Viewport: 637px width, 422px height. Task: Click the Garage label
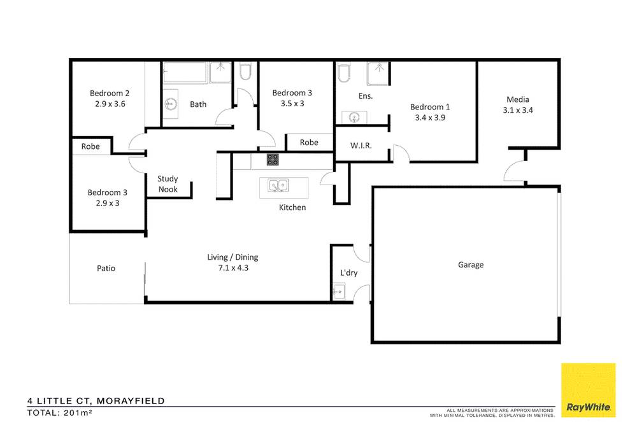(x=470, y=265)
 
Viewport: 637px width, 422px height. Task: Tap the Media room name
(x=518, y=99)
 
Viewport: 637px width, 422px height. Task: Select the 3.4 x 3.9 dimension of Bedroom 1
(x=429, y=117)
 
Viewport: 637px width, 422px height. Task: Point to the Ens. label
(x=366, y=96)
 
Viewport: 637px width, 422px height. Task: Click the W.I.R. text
(x=361, y=145)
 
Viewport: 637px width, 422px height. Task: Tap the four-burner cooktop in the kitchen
(x=273, y=160)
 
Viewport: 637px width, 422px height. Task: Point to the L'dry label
(x=348, y=272)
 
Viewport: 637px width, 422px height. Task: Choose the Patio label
(x=106, y=268)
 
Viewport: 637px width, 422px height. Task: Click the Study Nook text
(x=168, y=184)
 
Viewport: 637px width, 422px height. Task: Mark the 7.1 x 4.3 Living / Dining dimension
(x=233, y=268)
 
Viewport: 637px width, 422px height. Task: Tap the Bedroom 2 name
(x=110, y=92)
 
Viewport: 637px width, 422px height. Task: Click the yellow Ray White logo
(x=588, y=390)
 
